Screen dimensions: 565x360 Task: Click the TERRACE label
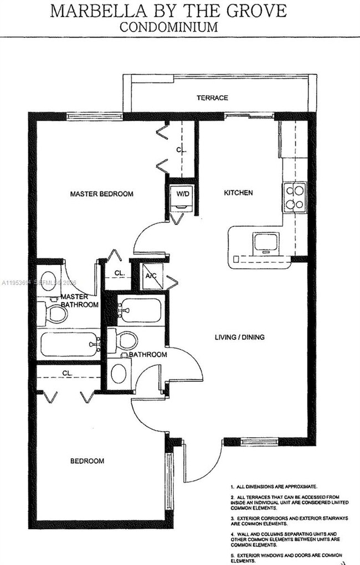coord(212,98)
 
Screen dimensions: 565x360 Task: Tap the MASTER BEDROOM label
coord(101,194)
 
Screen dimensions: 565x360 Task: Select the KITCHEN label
coord(238,193)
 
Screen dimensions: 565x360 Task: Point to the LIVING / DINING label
coord(240,337)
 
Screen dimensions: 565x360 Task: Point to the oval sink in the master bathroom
coord(49,278)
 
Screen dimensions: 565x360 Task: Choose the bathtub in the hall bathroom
coord(140,310)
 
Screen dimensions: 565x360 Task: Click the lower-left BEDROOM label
coord(87,460)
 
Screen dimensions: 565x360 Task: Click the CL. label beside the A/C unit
coord(119,273)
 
